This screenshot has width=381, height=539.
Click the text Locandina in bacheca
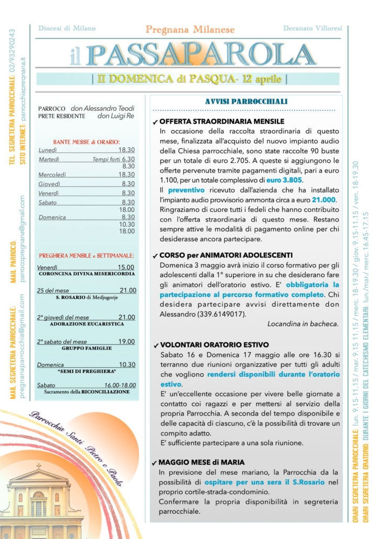[303, 324]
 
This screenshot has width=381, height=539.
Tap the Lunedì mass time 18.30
[127, 150]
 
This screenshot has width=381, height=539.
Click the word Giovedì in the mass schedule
[49, 184]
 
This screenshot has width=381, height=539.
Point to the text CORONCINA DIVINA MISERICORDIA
[87, 274]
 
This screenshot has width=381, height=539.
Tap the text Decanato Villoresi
[312, 28]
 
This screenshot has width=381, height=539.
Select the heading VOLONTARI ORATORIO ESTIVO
[214, 345]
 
